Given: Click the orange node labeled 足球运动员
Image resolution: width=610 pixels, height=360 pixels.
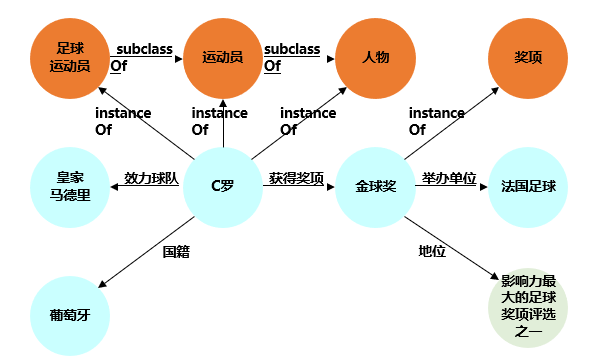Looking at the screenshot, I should click(69, 57).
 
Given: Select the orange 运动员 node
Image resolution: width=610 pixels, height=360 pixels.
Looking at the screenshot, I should click(222, 58).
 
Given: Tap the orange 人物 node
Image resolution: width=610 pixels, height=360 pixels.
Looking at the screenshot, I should click(376, 57).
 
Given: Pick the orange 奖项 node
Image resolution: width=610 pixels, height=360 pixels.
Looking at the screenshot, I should click(528, 57).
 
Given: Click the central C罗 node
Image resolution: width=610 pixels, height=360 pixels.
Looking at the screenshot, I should click(222, 186).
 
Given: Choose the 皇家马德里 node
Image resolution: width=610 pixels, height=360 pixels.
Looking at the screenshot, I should click(69, 186).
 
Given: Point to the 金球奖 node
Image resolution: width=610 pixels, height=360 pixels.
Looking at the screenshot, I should click(376, 186).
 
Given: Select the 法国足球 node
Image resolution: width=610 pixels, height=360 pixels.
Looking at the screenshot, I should click(528, 186).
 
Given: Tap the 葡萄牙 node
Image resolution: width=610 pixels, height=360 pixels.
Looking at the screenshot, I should click(69, 314).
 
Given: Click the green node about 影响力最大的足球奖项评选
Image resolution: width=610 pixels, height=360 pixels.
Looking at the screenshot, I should click(528, 307).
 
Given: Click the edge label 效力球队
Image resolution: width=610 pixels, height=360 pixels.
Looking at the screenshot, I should click(151, 178).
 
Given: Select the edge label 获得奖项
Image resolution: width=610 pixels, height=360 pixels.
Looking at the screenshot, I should click(297, 178).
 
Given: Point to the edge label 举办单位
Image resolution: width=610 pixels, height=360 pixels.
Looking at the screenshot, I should click(449, 177).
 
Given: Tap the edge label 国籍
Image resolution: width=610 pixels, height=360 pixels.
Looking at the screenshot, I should click(176, 252).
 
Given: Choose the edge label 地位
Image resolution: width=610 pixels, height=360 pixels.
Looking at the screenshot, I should click(432, 249).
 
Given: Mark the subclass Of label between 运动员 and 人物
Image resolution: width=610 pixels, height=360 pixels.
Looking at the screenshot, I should click(293, 57).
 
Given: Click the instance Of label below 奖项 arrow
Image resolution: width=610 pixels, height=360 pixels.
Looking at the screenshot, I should click(436, 121).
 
